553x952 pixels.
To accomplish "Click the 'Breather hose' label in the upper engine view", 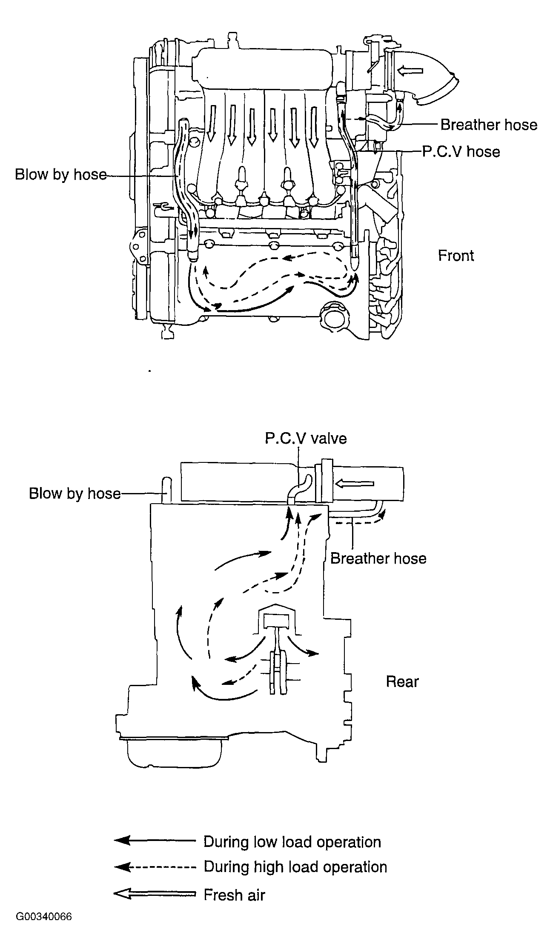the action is (x=489, y=125).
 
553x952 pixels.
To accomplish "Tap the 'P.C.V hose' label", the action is (x=461, y=152).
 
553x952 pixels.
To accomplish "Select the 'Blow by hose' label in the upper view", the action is (x=60, y=174).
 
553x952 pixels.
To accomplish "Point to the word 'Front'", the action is (x=456, y=256).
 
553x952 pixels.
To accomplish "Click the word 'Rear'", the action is (x=402, y=681).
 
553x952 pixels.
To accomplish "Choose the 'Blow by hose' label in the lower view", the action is (x=74, y=493).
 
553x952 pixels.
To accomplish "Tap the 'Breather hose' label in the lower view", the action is (x=378, y=559).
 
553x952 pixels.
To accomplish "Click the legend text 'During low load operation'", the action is (x=292, y=842).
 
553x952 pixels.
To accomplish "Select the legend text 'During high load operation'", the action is (x=295, y=866).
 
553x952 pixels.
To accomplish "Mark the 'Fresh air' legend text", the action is (x=234, y=895).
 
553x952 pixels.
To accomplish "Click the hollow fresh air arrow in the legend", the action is (x=155, y=895).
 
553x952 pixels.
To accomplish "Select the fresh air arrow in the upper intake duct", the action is (x=410, y=71).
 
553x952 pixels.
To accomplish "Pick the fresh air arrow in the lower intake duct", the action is (x=355, y=483).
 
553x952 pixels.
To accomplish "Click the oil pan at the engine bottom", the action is (x=175, y=753).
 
